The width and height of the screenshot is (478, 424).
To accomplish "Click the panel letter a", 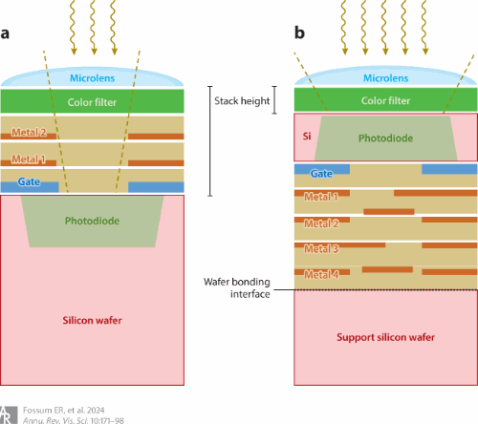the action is click(5, 33).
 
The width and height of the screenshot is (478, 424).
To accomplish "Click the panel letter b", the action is click(299, 32).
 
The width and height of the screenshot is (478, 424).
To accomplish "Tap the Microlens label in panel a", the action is click(92, 78).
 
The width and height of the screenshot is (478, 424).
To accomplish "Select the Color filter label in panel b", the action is click(385, 100).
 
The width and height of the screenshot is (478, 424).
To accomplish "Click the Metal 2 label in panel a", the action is click(29, 132).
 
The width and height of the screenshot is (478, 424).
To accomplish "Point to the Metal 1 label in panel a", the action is click(29, 159).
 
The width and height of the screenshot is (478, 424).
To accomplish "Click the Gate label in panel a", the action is click(29, 181).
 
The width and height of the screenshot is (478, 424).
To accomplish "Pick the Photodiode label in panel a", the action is click(92, 221).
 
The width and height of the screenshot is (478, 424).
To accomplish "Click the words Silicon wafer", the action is click(92, 320).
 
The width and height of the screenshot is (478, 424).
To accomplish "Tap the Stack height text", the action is click(242, 101).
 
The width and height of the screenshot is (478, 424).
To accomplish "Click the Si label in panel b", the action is click(307, 137).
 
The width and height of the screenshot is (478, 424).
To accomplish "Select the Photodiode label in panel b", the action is click(385, 138).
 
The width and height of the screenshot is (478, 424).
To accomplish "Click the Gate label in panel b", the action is click(321, 174).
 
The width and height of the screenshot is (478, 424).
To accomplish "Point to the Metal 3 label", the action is click(321, 248).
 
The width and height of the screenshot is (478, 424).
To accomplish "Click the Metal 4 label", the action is click(321, 274).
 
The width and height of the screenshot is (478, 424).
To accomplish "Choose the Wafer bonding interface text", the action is click(237, 287).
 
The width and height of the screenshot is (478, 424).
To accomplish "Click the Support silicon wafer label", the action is click(385, 337).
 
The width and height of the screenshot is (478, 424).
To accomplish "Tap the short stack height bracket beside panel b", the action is click(274, 99).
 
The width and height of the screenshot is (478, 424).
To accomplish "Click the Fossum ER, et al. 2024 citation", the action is click(64, 410).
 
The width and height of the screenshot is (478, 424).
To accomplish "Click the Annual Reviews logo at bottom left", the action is click(9, 415).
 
